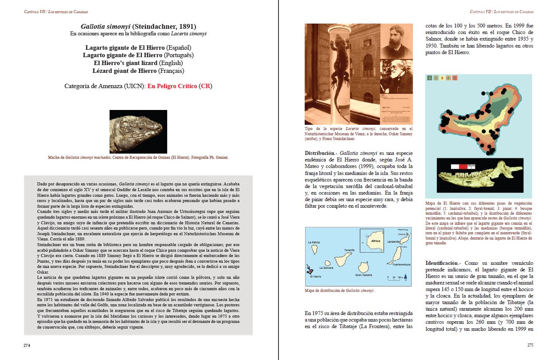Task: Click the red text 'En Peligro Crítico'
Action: pyautogui.click(x=172, y=86)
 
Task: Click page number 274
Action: pyautogui.click(x=27, y=345)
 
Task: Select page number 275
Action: pyautogui.click(x=530, y=345)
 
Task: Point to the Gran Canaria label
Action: pyautogui.click(x=363, y=275)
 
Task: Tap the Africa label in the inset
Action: pyautogui.click(x=375, y=241)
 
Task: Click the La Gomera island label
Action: pyautogui.click(x=327, y=268)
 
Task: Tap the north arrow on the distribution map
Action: pyautogui.click(x=405, y=276)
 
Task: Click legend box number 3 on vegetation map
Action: pyautogui.click(x=442, y=78)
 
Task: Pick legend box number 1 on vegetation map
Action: pyautogui.click(x=430, y=78)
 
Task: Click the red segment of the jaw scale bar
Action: pyautogui.click(x=463, y=166)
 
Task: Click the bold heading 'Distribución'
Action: pyautogui.click(x=320, y=153)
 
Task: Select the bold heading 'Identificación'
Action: pyautogui.click(x=443, y=263)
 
